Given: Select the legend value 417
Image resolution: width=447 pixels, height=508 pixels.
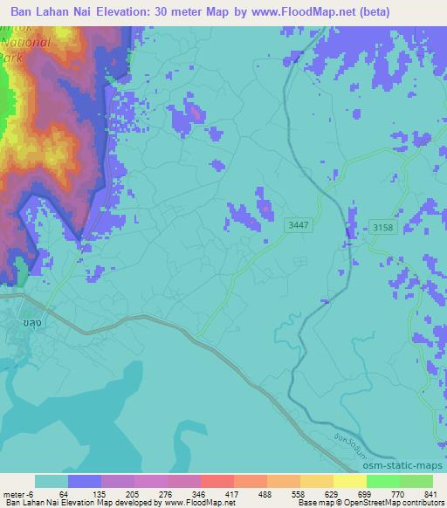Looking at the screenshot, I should tap(232, 493).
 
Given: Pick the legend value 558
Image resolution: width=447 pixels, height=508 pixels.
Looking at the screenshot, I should tap(299, 493).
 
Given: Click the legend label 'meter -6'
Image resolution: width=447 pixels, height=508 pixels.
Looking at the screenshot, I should tap(17, 493).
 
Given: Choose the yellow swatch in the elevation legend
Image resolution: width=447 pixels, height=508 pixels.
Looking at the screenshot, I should tap(316, 481).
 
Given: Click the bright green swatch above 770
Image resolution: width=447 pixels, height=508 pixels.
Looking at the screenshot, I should tap(382, 481).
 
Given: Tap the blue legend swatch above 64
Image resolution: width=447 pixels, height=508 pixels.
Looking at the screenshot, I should tap(85, 481).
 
